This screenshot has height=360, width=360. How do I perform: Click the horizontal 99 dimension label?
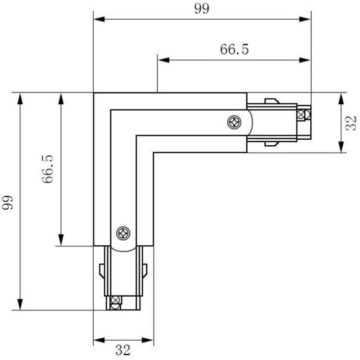click(x=202, y=8)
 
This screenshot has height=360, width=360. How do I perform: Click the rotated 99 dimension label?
click(x=8, y=202)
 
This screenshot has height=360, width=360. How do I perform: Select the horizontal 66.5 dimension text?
click(x=234, y=50)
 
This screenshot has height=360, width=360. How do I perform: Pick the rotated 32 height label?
click(x=351, y=123)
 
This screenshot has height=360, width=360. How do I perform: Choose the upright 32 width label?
click(x=123, y=351)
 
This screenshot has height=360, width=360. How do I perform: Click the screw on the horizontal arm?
click(x=235, y=122)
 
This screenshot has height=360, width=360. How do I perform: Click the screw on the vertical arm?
click(x=123, y=233)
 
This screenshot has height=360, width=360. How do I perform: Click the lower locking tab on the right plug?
click(x=271, y=145)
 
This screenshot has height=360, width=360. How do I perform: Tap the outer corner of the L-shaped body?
click(x=94, y=94)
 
